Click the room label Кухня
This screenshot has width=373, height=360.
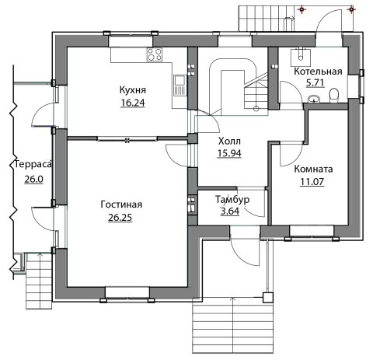click(133, 90)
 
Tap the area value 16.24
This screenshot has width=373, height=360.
click(133, 103)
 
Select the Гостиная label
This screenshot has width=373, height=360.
click(121, 204)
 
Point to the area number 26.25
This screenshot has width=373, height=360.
click(120, 218)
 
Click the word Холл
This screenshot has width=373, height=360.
click(229, 142)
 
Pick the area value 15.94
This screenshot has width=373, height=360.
click(229, 153)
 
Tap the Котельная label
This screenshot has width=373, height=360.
click(318, 72)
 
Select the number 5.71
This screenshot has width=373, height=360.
click(315, 83)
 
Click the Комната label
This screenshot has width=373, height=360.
click(313, 170)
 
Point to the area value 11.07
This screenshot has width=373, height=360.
click(312, 182)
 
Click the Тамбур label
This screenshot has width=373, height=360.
click(232, 200)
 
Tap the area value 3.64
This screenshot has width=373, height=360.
click(230, 211)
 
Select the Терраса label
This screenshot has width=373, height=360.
click(33, 165)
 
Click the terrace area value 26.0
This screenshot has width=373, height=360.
click(33, 179)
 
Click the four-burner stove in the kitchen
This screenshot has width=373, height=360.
click(155, 54)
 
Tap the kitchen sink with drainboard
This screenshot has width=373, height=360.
click(180, 85)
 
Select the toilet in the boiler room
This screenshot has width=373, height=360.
click(334, 95)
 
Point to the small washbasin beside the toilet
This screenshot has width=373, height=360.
click(314, 99)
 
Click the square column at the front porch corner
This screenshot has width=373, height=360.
click(268, 298)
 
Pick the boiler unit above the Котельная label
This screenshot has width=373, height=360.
click(301, 56)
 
